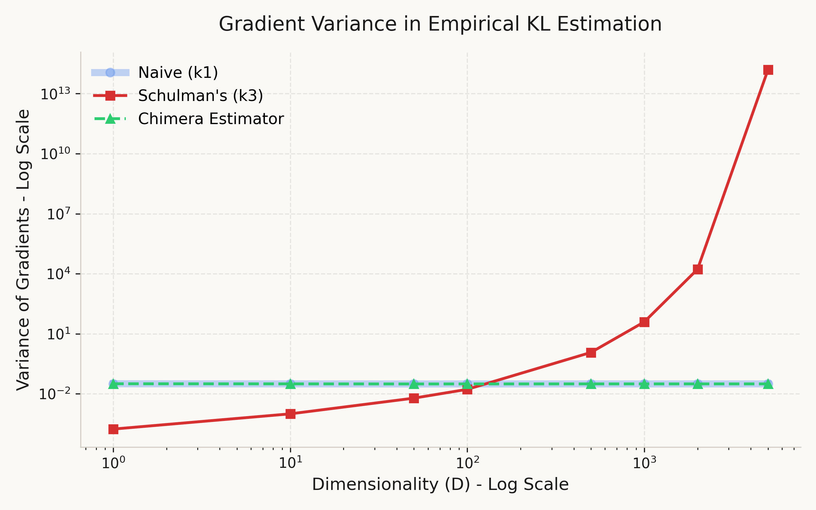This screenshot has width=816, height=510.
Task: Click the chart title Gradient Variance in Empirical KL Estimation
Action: click(440, 24)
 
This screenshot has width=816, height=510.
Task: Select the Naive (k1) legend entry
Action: click(178, 73)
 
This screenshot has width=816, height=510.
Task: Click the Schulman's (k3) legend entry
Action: click(200, 96)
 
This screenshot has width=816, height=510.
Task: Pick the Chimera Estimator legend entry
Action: click(211, 119)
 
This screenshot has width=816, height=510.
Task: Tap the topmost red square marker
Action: click(768, 70)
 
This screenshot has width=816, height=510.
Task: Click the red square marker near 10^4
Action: click(698, 269)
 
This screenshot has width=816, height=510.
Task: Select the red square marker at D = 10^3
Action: click(644, 322)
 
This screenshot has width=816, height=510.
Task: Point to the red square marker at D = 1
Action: click(114, 429)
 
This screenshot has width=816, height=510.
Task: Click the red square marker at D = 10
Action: click(290, 414)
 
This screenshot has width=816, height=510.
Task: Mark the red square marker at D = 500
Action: click(591, 353)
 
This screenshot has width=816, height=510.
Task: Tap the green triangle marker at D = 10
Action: click(290, 384)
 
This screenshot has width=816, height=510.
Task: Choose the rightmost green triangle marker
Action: click(768, 384)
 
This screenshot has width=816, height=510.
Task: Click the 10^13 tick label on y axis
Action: click(55, 94)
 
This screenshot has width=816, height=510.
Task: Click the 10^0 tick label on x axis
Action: click(114, 463)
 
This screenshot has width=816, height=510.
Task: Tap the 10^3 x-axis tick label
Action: click(644, 463)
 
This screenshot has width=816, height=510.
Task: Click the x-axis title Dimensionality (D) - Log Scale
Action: click(440, 485)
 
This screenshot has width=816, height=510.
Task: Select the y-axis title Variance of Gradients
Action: click(24, 250)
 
